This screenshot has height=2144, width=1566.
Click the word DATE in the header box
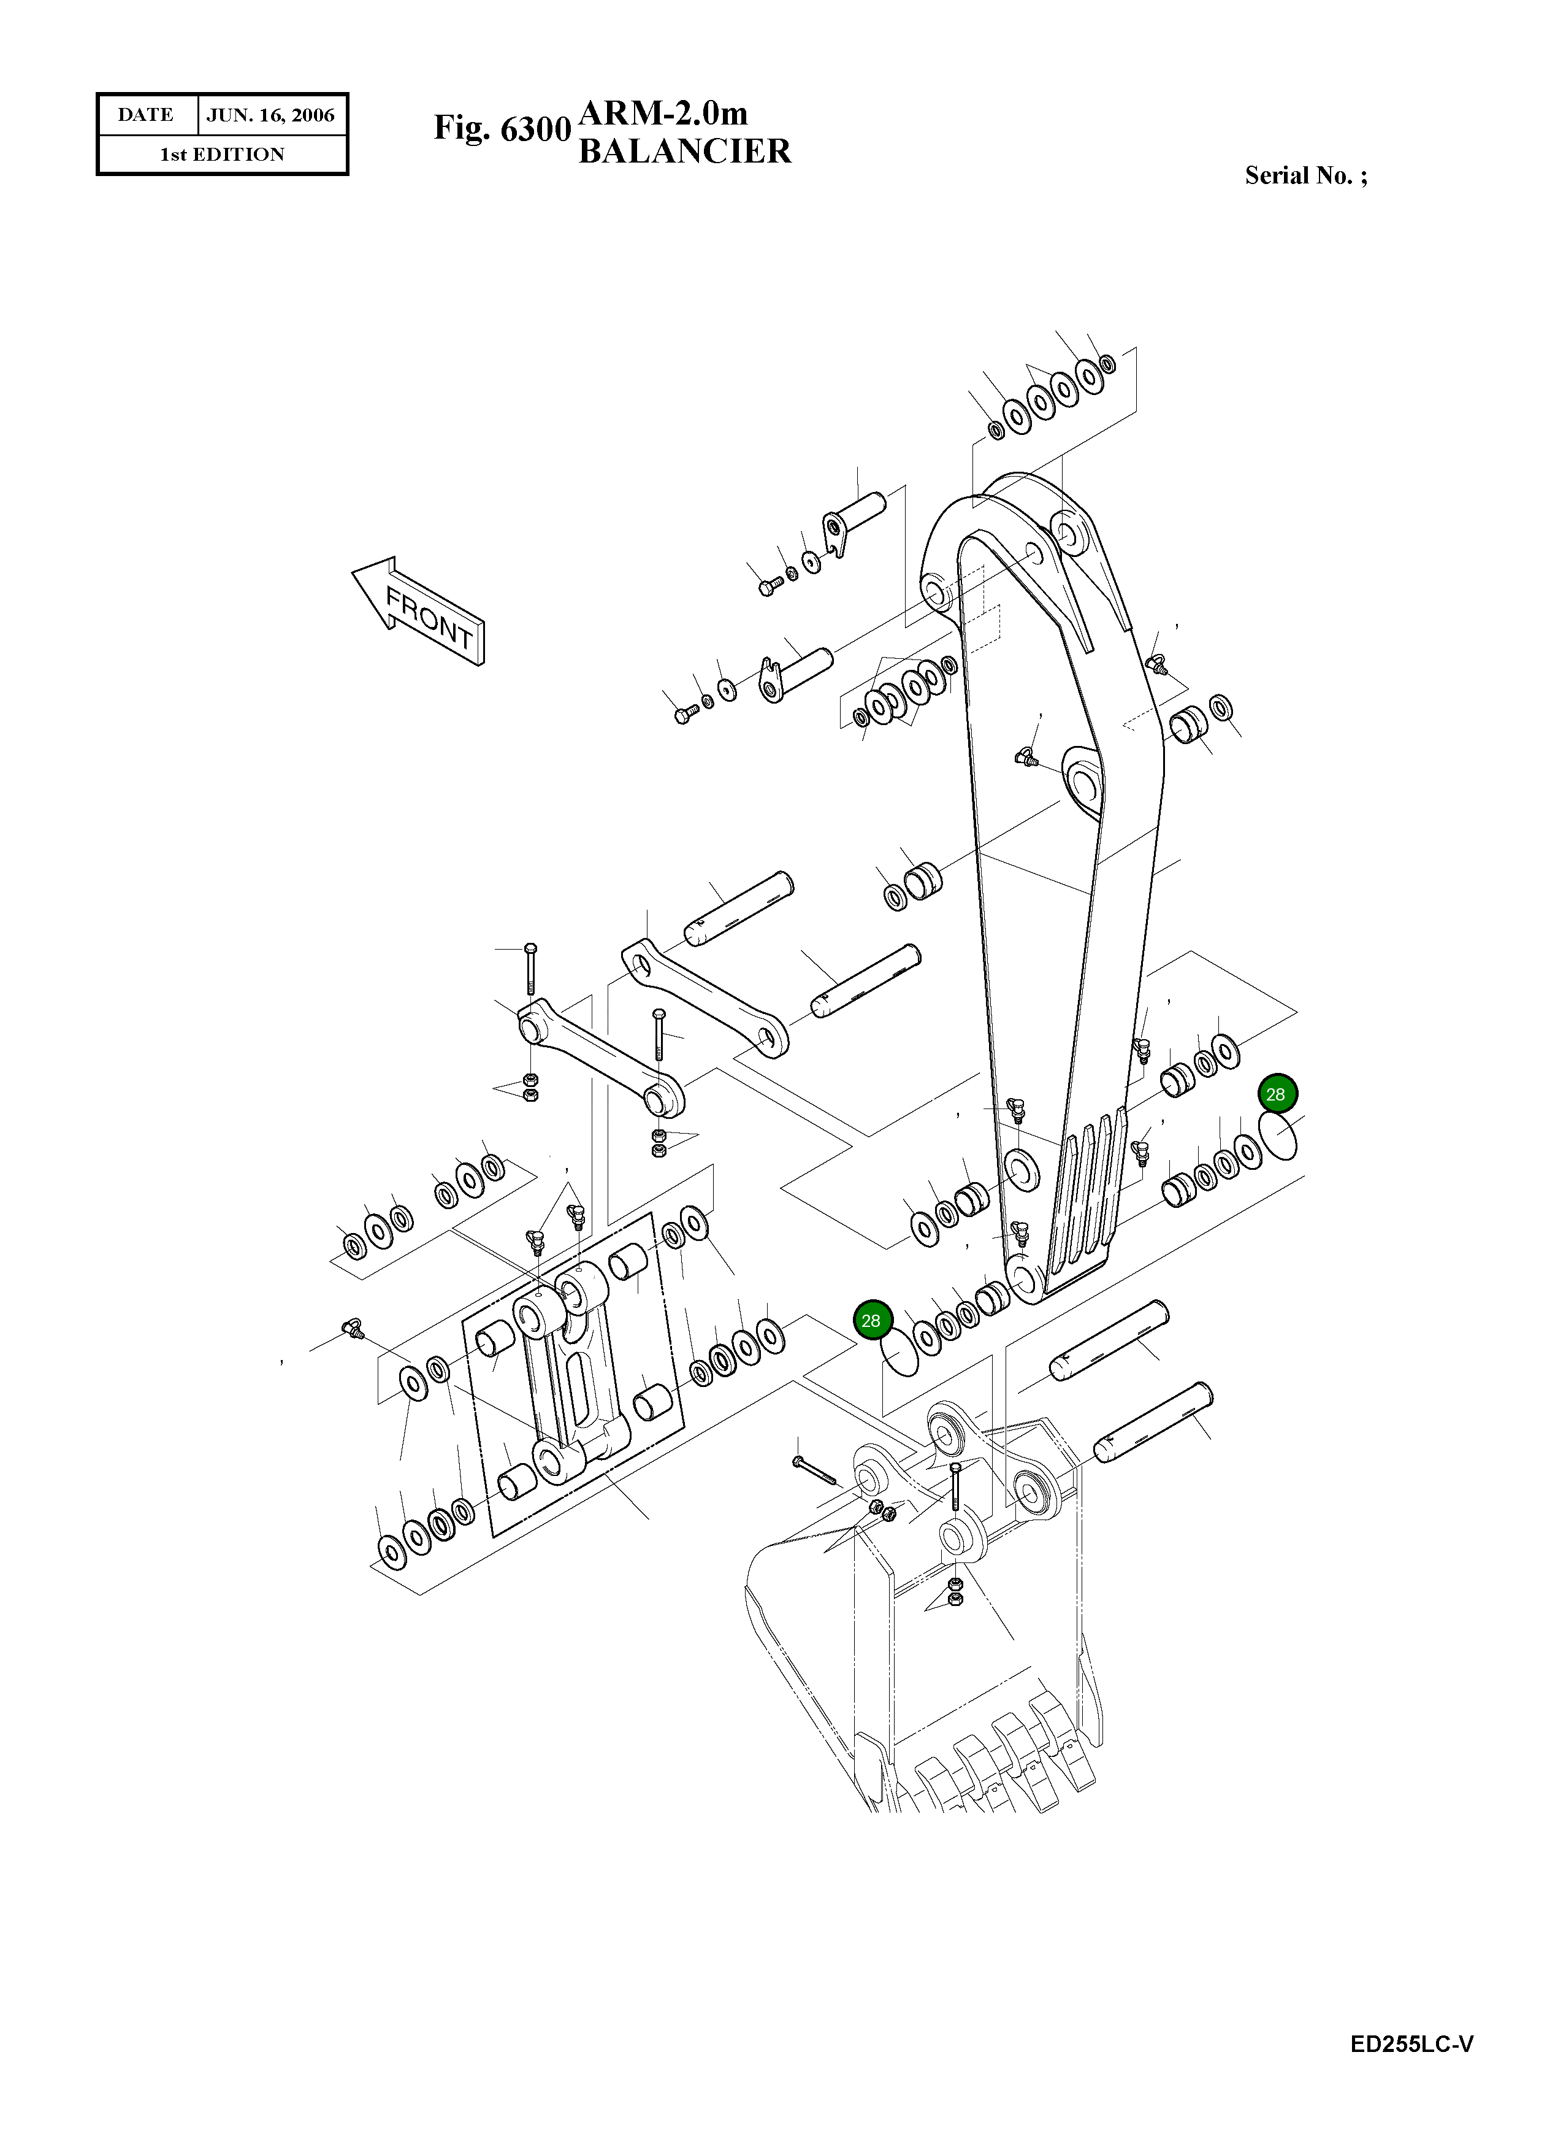[145, 115]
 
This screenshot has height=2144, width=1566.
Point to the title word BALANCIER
[684, 152]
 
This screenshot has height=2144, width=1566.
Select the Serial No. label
[1305, 175]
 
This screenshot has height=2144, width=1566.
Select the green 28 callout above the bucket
[870, 1320]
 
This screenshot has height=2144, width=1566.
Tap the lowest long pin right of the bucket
[1153, 1423]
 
